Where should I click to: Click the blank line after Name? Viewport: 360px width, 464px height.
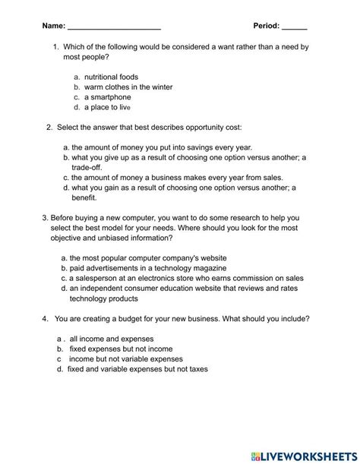click(x=114, y=27)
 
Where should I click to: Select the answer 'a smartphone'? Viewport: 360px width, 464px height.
click(x=107, y=97)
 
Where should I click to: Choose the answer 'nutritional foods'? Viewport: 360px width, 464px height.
click(x=111, y=77)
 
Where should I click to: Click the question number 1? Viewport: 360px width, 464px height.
click(x=57, y=47)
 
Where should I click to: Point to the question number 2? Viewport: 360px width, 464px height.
click(x=50, y=127)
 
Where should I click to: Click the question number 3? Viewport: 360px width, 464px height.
click(x=46, y=217)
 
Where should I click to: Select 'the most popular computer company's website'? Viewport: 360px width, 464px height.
click(x=148, y=258)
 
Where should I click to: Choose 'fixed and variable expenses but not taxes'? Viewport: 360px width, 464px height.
click(x=137, y=368)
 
